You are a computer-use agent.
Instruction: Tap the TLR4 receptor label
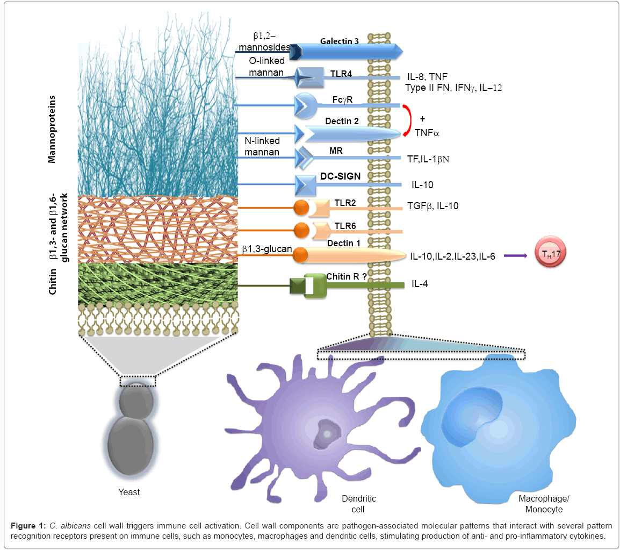(x=341, y=74)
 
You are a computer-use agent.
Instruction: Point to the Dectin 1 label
(x=344, y=243)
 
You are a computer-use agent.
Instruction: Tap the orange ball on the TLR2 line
(x=301, y=207)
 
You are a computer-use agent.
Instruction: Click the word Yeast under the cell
(x=129, y=491)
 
